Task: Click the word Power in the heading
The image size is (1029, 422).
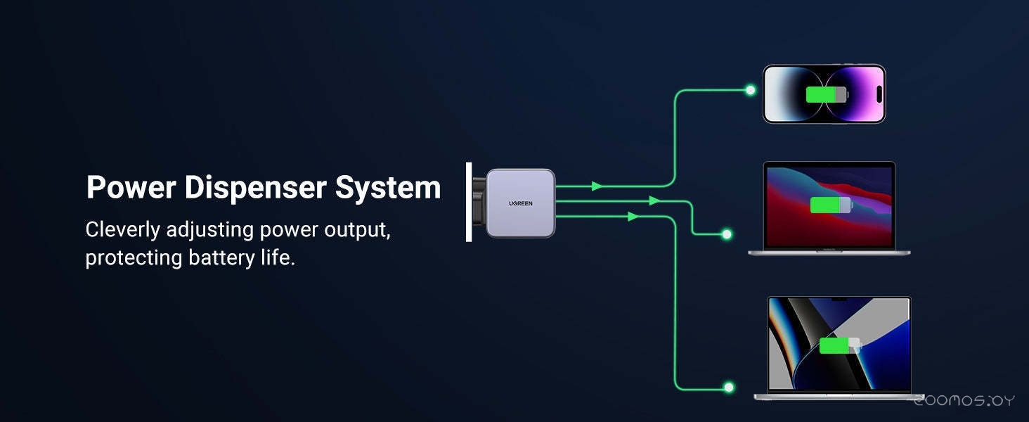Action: (x=131, y=187)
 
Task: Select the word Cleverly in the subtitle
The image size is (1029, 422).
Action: (x=123, y=230)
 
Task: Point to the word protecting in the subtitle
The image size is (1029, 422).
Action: (x=134, y=258)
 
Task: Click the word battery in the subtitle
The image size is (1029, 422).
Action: (x=221, y=258)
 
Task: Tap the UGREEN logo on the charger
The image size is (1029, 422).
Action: (x=520, y=203)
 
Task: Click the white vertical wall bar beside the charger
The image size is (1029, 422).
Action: (x=469, y=202)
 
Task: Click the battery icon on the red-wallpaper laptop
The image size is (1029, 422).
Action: (x=831, y=205)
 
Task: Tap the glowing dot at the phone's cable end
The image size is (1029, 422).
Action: (x=751, y=90)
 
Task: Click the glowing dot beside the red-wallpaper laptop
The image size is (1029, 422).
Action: (x=727, y=234)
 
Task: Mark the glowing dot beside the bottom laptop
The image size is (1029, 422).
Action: (x=729, y=388)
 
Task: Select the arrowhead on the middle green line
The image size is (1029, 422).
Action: (x=654, y=200)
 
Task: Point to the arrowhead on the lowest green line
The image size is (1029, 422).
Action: (x=633, y=216)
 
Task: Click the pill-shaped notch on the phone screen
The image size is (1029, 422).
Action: (x=879, y=94)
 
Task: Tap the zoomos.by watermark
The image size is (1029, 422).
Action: (x=964, y=401)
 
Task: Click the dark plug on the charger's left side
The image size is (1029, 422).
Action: (x=479, y=203)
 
